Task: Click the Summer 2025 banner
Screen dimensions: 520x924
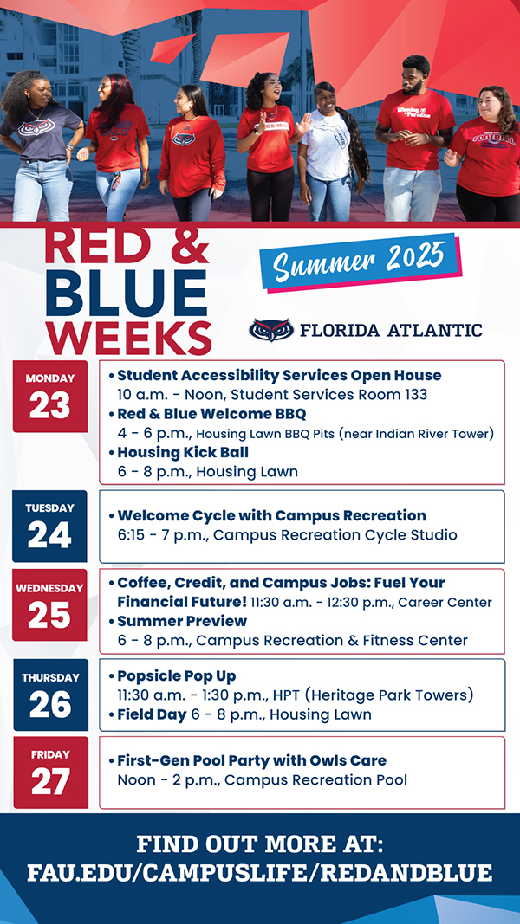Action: click(361, 262)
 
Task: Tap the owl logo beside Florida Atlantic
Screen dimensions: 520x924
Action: click(271, 330)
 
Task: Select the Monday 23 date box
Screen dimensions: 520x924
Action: click(50, 397)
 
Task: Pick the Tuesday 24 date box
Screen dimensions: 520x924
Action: click(49, 527)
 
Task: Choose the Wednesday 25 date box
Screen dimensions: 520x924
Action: click(49, 604)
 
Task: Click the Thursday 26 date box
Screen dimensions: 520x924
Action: click(51, 695)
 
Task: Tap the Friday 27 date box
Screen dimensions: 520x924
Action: click(51, 772)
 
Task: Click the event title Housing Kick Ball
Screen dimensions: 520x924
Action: click(183, 453)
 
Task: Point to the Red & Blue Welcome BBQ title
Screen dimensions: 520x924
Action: click(211, 414)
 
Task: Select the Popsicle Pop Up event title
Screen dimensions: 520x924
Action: click(176, 675)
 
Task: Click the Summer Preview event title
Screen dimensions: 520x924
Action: click(182, 621)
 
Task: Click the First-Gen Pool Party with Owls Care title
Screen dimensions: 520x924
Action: click(251, 761)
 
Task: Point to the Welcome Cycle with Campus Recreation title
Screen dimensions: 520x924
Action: click(272, 515)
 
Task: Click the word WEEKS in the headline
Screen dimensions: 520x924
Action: click(128, 339)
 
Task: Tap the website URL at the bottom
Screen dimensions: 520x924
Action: click(259, 872)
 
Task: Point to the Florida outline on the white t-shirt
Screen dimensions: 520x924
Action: click(335, 138)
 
